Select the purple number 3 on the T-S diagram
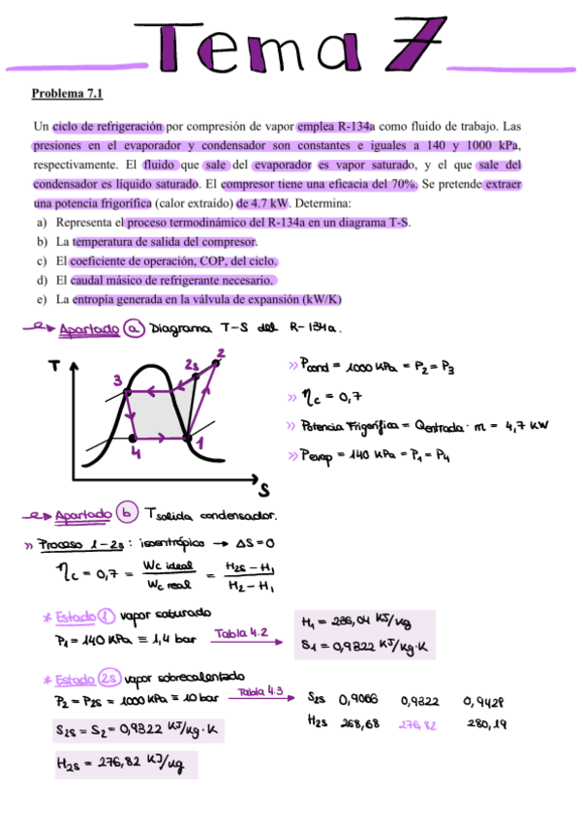click(117, 379)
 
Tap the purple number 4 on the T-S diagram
click(137, 452)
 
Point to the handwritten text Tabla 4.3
click(260, 691)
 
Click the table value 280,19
click(487, 722)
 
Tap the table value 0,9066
click(357, 698)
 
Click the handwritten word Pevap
click(320, 455)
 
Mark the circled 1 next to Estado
click(107, 616)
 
